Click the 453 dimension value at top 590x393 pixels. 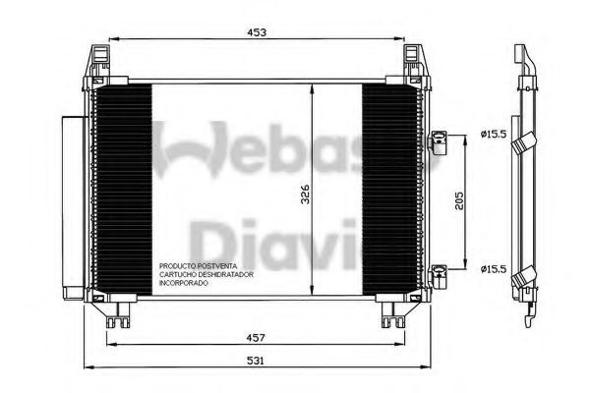(x=259, y=32)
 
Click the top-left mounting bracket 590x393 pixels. (x=101, y=62)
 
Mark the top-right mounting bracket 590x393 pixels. (x=415, y=62)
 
